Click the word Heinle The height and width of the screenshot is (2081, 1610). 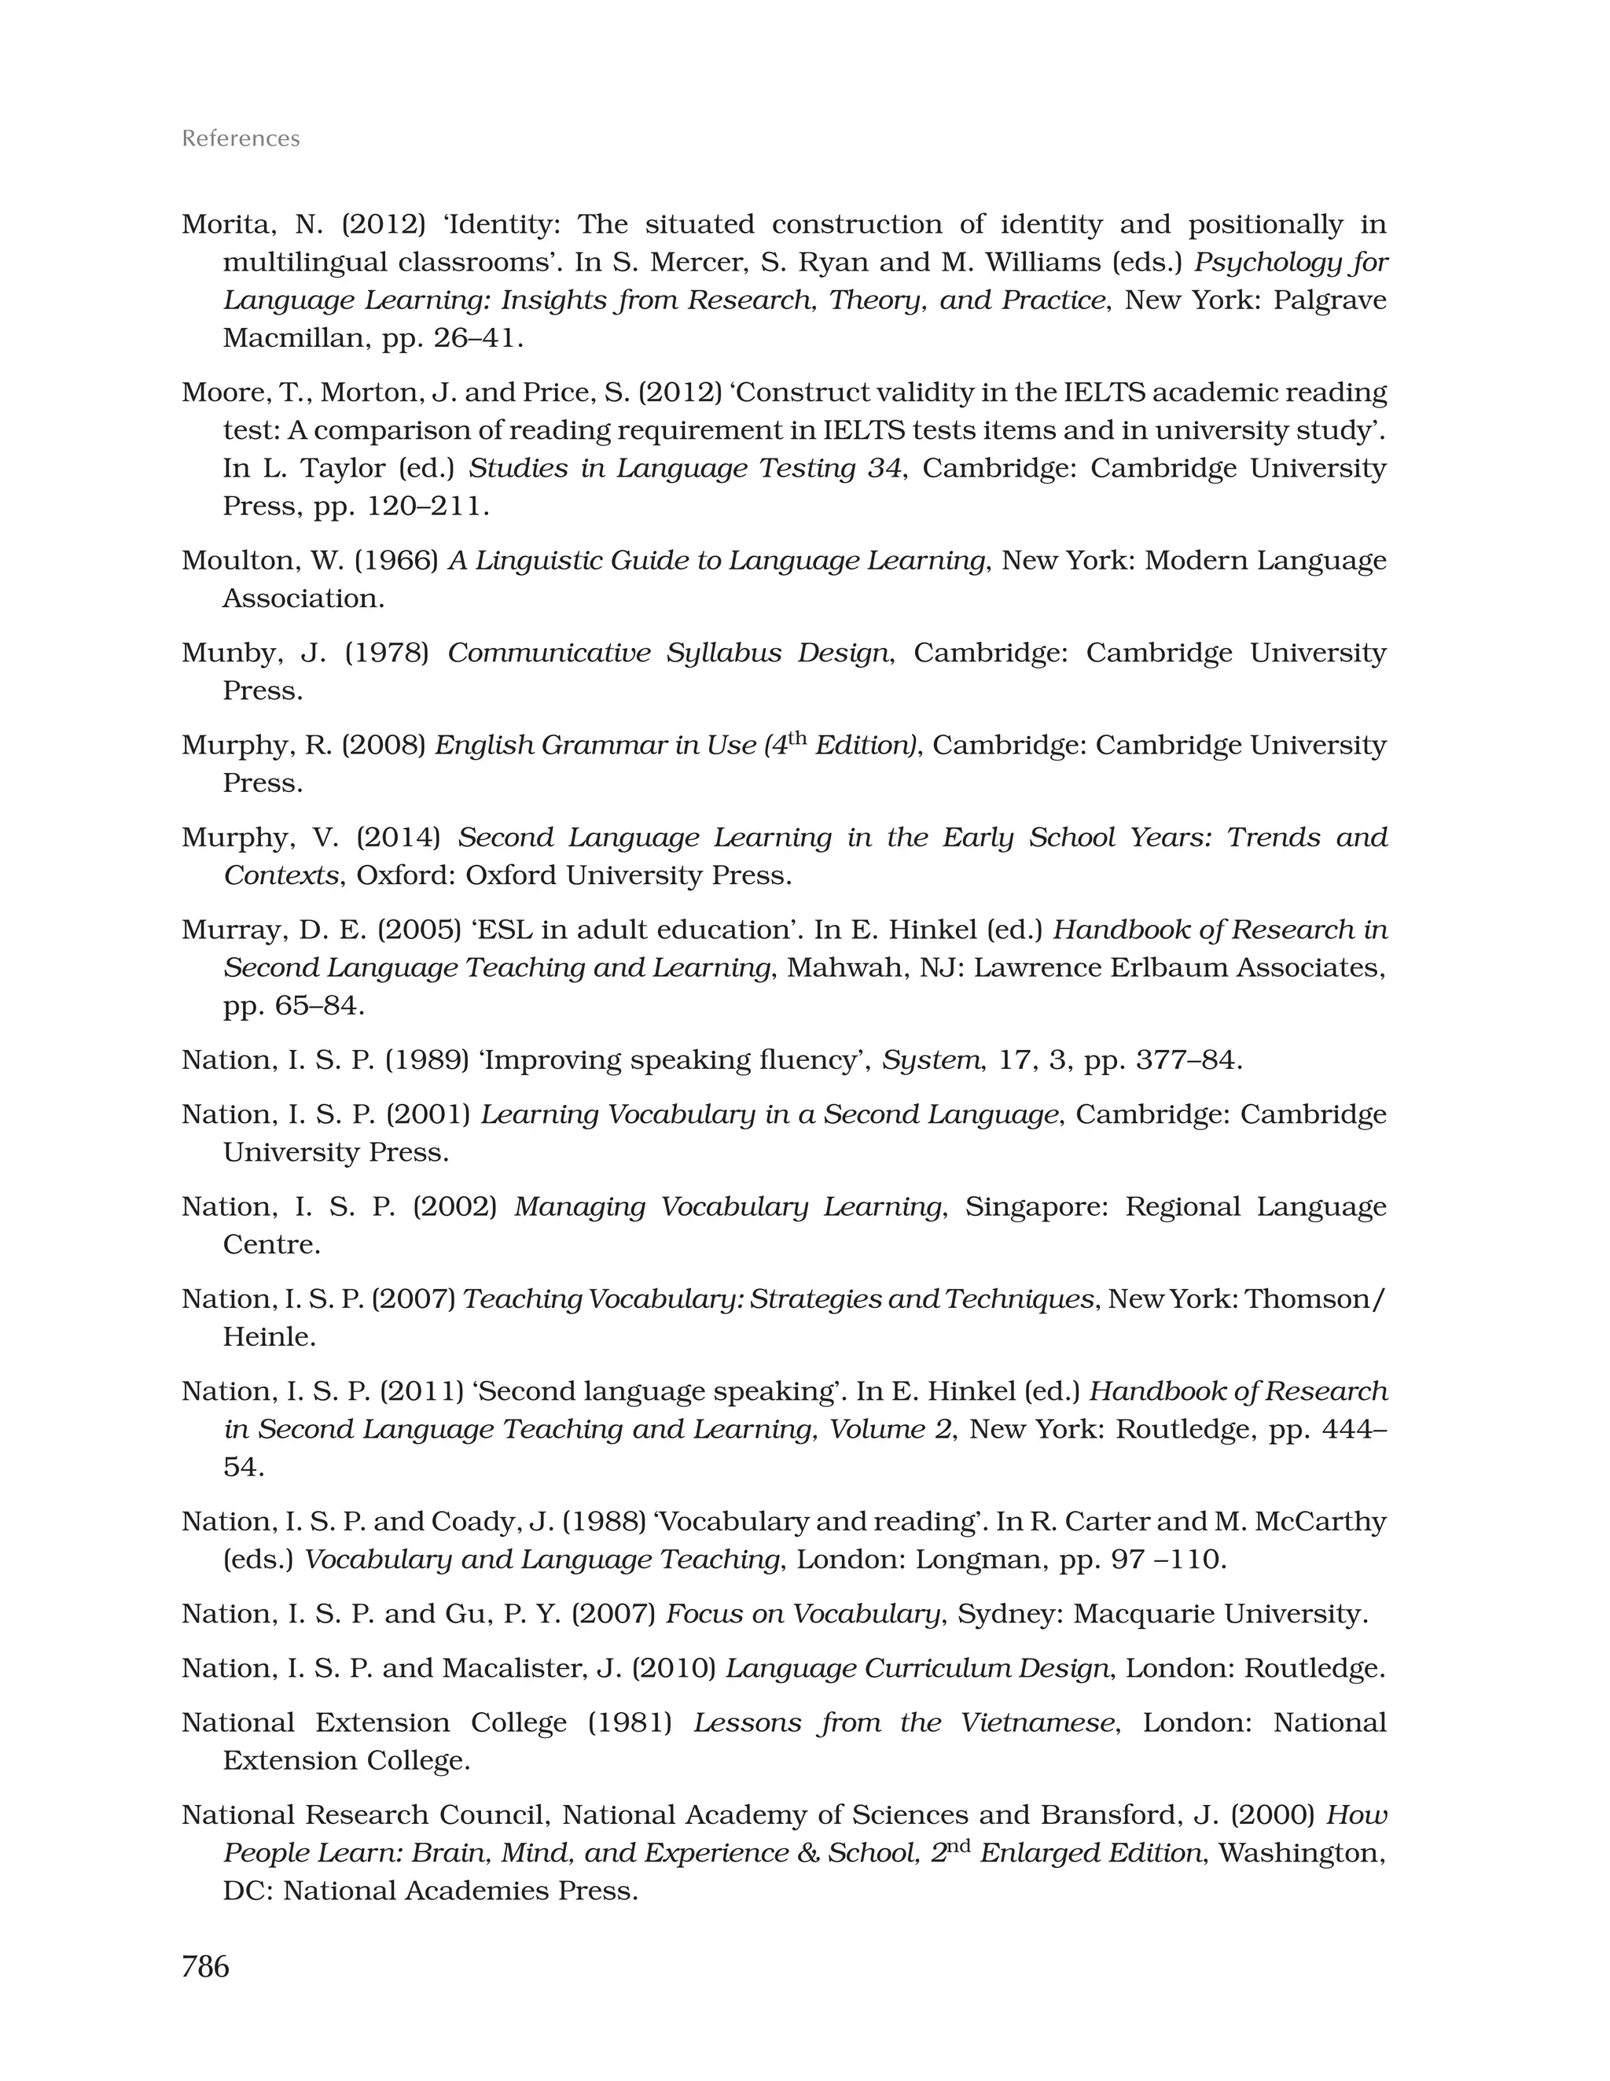click(x=268, y=1337)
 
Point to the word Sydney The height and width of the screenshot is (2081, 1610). click(x=1003, y=1613)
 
